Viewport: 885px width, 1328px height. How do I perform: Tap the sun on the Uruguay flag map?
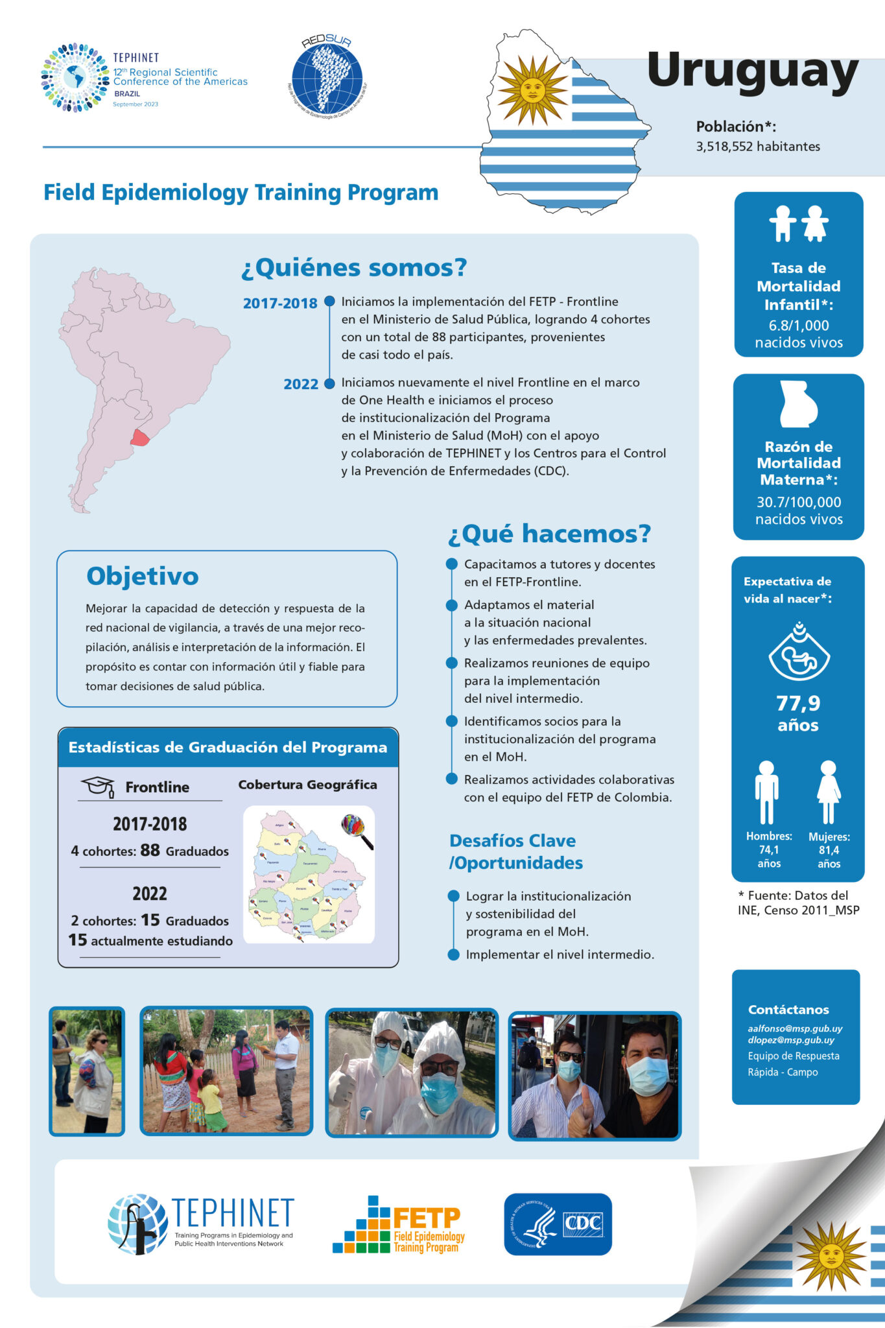(x=532, y=90)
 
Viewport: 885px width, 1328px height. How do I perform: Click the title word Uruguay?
(x=753, y=71)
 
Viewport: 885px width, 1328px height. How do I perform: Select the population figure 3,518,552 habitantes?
(x=757, y=147)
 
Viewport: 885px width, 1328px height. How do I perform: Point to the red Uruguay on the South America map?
(x=140, y=438)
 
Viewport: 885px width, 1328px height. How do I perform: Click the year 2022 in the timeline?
(x=300, y=384)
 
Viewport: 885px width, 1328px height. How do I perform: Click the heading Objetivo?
(x=143, y=576)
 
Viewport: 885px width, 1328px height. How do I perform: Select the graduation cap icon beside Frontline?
(x=98, y=786)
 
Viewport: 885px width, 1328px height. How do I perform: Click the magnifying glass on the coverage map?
(x=357, y=831)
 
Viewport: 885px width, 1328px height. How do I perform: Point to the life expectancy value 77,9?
(x=798, y=703)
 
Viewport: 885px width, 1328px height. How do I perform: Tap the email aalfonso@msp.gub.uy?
(x=795, y=1028)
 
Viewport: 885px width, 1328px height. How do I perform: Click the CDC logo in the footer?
(x=558, y=1224)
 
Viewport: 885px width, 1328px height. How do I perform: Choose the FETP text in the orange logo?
(x=427, y=1218)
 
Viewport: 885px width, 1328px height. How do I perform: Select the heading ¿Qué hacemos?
(x=549, y=534)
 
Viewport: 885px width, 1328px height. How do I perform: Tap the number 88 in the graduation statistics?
(x=150, y=850)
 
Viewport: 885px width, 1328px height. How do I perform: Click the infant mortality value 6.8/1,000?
(x=798, y=326)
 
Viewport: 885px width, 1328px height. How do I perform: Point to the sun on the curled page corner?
(x=831, y=1255)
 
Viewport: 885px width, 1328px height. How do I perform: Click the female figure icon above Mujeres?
(x=829, y=791)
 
